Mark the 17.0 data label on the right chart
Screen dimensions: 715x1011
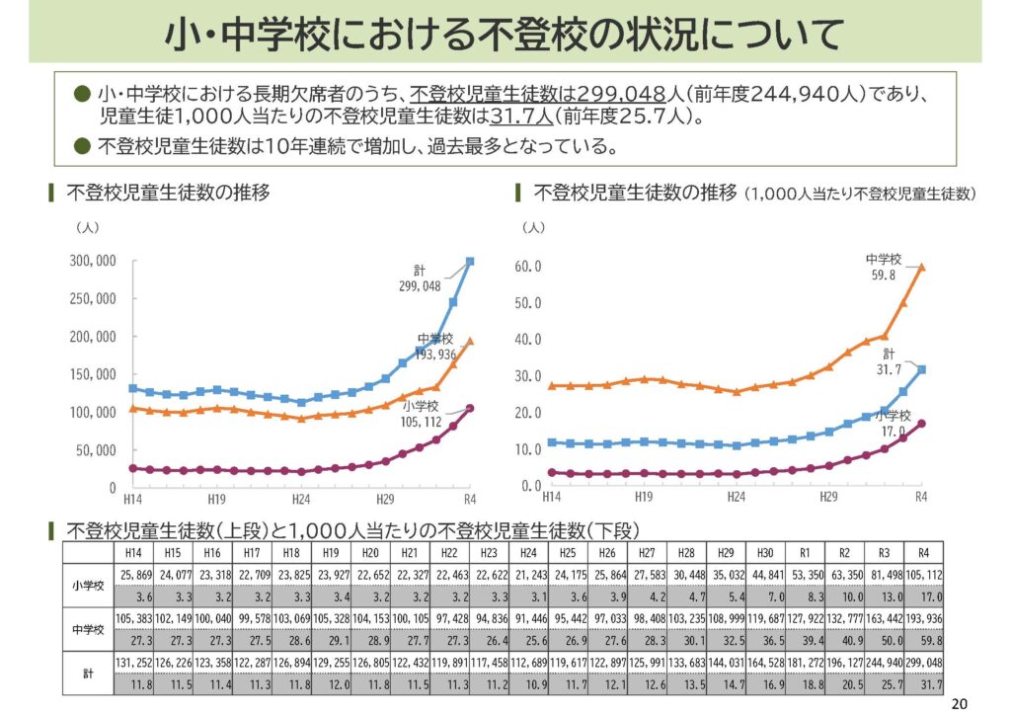pyautogui.click(x=894, y=431)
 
